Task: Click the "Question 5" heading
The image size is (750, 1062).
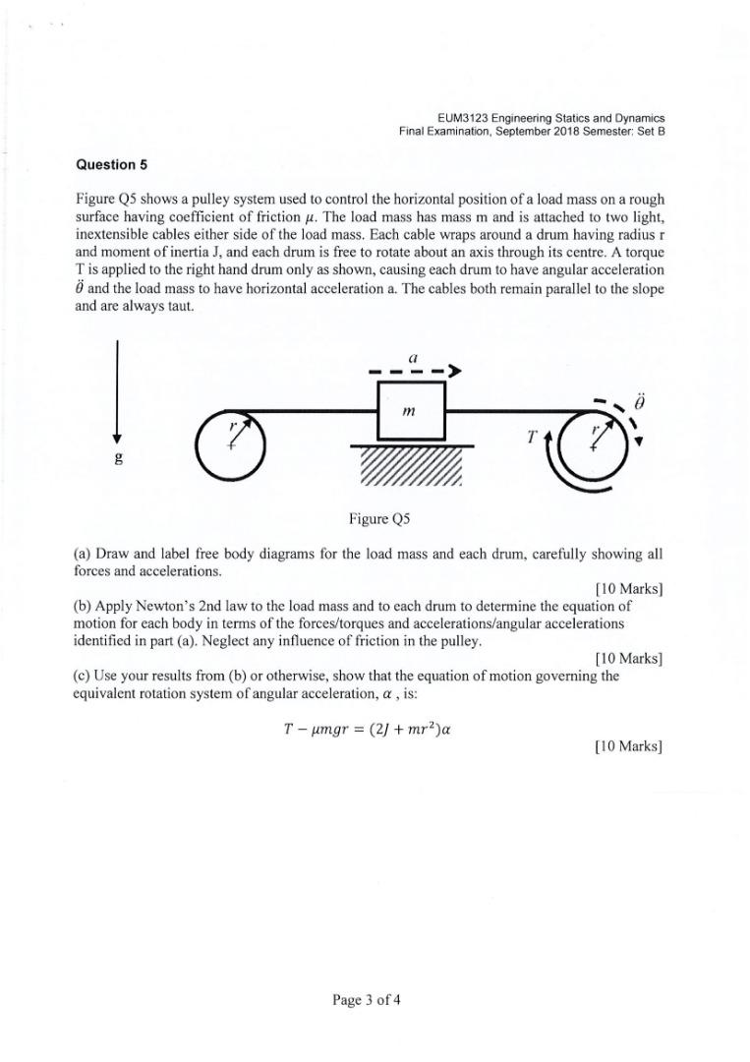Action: tap(109, 164)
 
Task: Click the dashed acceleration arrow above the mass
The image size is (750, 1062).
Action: tap(414, 372)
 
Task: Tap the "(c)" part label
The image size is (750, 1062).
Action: tap(83, 676)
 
